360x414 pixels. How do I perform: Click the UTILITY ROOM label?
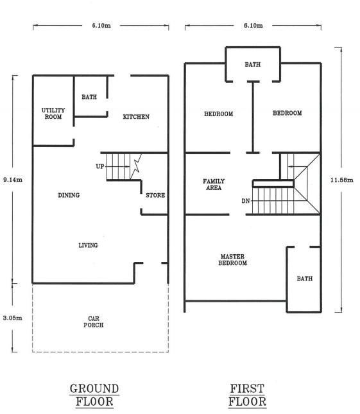click(53, 114)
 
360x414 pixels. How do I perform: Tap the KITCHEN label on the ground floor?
click(136, 117)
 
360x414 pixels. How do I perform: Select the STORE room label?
click(155, 195)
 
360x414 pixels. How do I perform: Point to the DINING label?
click(69, 195)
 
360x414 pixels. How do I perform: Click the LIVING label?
click(88, 245)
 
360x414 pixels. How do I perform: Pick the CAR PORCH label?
click(94, 322)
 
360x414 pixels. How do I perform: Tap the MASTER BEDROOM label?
click(232, 260)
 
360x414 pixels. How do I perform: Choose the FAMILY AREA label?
click(214, 185)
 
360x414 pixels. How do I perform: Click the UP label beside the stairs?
click(99, 167)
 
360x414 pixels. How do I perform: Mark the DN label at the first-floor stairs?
click(246, 201)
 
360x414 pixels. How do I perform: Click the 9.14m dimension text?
click(13, 180)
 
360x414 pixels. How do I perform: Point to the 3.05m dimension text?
click(12, 318)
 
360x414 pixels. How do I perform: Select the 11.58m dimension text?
click(342, 180)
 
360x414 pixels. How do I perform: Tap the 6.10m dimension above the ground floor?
click(101, 26)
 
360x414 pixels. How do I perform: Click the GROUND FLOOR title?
click(94, 395)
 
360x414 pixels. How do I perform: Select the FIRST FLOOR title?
click(247, 395)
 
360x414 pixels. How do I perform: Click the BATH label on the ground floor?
click(89, 97)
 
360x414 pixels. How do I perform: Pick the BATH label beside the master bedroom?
click(305, 279)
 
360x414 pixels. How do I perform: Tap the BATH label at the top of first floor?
click(253, 64)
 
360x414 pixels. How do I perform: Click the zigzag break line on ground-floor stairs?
click(136, 167)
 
